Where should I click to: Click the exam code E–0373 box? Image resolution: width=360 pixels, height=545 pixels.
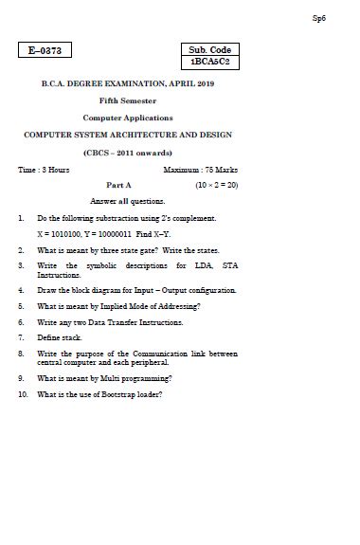pos(45,50)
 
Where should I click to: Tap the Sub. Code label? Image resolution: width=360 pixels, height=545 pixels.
pos(209,49)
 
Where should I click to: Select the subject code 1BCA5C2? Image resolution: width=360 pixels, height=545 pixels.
pos(209,62)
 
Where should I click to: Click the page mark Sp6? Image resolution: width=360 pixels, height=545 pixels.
pos(318,18)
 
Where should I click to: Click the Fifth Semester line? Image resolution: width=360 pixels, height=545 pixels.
pos(128,100)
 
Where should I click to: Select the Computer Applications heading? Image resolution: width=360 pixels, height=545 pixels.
pos(128,118)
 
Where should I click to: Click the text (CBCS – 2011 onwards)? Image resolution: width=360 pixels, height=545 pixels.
pos(128,152)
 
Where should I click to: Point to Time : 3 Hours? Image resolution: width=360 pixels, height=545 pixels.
pos(44,170)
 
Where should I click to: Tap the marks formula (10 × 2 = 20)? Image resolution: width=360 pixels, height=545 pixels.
pos(216,186)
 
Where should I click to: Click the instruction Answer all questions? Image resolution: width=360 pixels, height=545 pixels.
pos(127,201)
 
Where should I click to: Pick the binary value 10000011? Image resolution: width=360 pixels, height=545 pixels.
pos(110,232)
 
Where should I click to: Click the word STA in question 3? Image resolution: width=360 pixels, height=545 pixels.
pos(229,265)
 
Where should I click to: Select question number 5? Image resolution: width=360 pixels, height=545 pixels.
pos(21,306)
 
